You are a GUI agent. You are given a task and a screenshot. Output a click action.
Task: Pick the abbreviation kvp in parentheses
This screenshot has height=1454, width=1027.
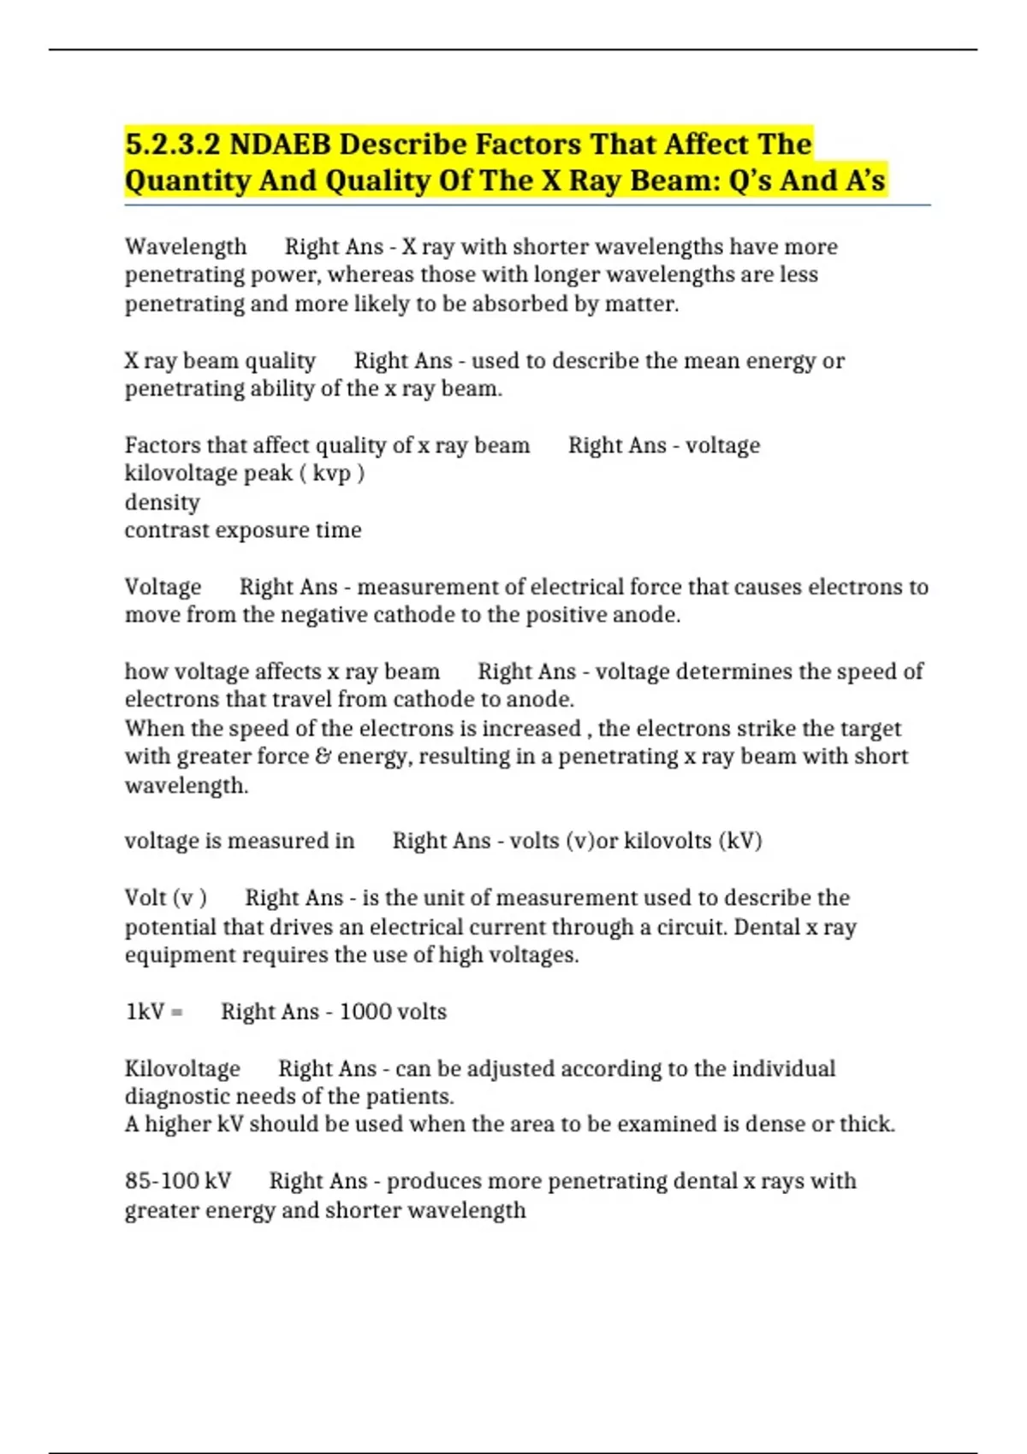(331, 473)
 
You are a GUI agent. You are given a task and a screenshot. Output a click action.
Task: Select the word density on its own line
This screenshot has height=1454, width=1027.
(162, 502)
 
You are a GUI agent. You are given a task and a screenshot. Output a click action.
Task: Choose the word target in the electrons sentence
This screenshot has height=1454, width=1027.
(870, 728)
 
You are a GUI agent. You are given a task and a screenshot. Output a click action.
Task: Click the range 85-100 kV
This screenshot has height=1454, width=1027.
(178, 1181)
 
